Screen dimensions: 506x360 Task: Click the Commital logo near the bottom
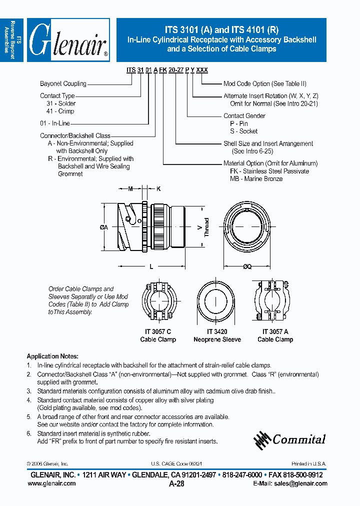289,439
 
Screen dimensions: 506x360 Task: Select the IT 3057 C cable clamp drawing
158,302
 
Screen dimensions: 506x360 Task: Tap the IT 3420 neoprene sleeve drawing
216,301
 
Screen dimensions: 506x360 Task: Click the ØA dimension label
104,227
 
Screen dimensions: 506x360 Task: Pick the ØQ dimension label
247,266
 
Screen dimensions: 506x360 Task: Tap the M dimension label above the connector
130,188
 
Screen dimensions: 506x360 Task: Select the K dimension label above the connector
158,188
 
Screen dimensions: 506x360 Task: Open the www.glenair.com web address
51,483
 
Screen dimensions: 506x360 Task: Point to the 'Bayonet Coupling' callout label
63,84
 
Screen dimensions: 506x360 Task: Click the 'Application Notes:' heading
52,356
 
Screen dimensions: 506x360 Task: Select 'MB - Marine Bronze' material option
256,178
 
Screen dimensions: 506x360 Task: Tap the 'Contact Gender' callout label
244,115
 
